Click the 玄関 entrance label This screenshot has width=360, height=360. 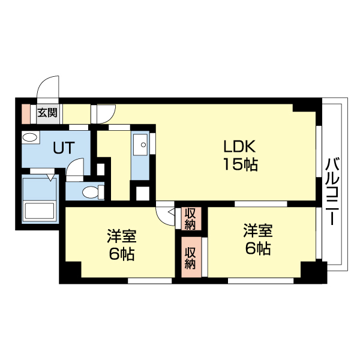47,112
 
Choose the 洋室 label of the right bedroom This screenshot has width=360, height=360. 258,230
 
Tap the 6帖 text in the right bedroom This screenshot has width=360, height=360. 258,248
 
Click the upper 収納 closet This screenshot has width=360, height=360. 190,218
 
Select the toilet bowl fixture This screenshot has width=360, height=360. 91,192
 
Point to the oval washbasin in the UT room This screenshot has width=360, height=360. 29,138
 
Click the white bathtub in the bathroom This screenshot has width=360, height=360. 39,211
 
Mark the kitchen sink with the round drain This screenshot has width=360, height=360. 140,143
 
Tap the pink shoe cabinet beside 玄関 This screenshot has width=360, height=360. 25,112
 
